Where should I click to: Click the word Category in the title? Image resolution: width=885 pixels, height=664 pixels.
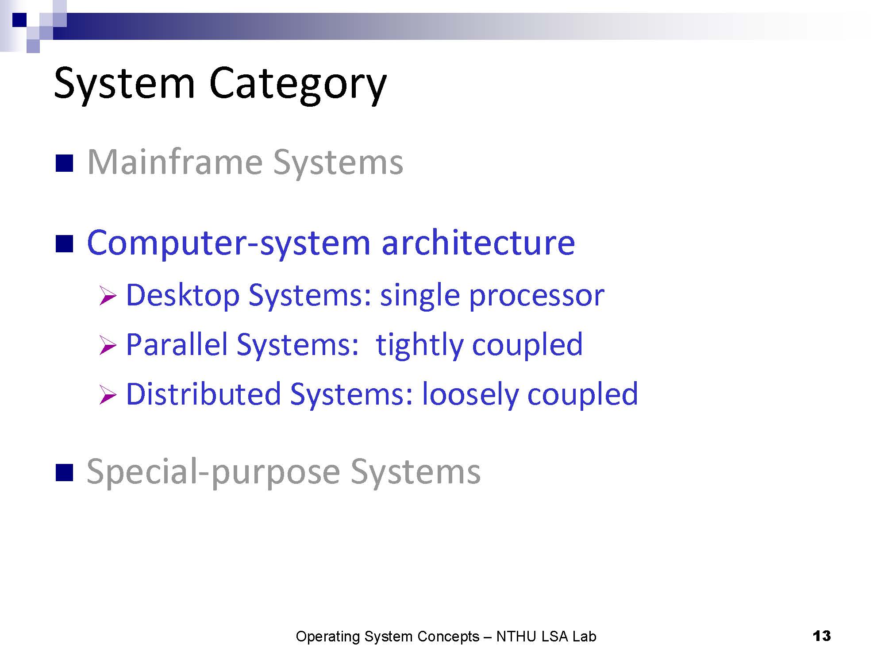coord(298,85)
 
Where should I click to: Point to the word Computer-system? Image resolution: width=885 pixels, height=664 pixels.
coord(229,243)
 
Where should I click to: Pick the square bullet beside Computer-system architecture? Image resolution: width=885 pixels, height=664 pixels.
coord(64,243)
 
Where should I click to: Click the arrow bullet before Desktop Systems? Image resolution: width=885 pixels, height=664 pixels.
coord(108,296)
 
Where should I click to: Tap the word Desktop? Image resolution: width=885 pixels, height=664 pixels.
coord(183,296)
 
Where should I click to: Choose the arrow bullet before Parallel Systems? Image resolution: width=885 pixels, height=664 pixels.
coord(108,345)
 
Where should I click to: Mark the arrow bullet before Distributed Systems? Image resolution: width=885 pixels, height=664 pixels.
coord(108,395)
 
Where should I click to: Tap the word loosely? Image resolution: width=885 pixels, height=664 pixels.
coord(470,395)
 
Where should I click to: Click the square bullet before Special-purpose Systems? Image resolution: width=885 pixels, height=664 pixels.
coord(64,473)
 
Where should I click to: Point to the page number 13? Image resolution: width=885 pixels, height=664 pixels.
coord(822,636)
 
